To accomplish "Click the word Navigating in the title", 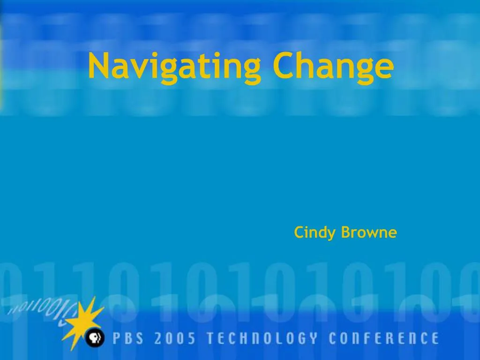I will click(x=174, y=67).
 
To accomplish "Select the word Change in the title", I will click(x=333, y=67).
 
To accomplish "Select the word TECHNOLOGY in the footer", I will click(x=262, y=338).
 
